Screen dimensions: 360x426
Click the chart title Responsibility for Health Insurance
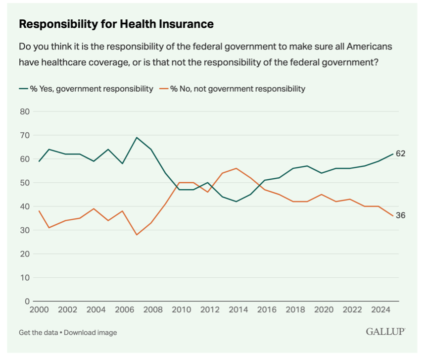(116, 24)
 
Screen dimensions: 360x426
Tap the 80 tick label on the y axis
(25, 111)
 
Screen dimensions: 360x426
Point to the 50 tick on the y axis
(25, 183)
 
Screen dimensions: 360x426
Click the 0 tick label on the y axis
(27, 301)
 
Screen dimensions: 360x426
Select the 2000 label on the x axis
(39, 310)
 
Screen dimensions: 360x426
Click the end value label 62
(400, 154)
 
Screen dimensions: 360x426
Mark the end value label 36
(400, 215)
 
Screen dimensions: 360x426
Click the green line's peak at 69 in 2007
(137, 138)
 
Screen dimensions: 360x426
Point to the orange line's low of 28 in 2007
(137, 235)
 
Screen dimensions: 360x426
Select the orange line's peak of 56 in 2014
(237, 168)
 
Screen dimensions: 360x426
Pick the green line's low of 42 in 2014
(237, 202)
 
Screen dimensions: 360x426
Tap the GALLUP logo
(385, 331)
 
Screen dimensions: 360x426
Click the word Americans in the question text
(365, 47)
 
